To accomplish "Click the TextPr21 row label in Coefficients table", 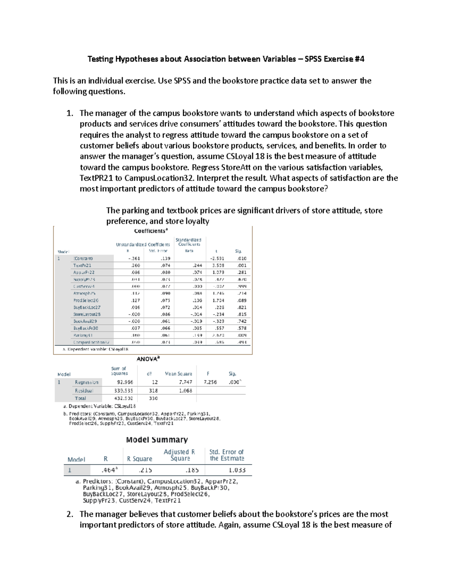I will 82,265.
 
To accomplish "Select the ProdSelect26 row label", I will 86,300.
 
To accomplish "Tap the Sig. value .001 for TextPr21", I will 241,265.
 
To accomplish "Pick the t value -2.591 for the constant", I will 217,258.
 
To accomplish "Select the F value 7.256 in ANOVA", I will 210,382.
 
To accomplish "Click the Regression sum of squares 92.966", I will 125,382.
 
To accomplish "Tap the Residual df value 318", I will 153,391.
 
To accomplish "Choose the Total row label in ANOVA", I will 80,398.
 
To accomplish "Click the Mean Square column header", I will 178,374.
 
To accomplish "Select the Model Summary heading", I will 157,440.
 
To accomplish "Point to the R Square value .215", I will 145,470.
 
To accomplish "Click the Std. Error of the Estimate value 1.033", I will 237,470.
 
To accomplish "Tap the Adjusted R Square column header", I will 179,455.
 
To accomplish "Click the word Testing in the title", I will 100,59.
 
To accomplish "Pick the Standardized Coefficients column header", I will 188,242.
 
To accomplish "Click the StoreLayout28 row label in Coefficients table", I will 87,314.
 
